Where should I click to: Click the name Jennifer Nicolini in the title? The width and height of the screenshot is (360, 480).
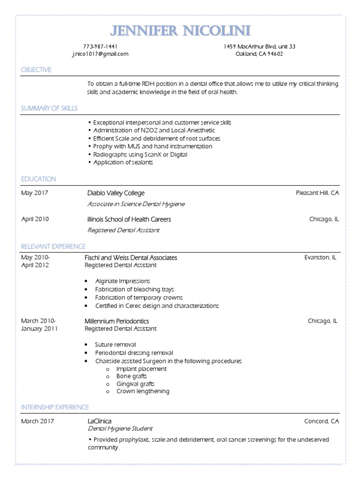click(180, 31)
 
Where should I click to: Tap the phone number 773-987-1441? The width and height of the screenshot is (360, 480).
click(100, 46)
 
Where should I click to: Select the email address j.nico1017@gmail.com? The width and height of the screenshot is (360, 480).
click(100, 54)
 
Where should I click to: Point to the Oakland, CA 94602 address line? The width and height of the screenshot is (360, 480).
click(259, 54)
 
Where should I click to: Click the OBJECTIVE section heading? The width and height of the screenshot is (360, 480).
click(36, 70)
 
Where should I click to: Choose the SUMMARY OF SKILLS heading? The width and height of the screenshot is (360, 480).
click(49, 108)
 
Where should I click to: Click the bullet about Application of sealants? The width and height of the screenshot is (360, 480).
click(123, 162)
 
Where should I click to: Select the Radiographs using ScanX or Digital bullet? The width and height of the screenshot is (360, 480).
click(140, 154)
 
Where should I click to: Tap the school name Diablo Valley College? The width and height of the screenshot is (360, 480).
click(116, 193)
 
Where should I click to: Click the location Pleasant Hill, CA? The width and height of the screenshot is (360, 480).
click(317, 193)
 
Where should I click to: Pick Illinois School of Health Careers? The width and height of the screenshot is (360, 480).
click(129, 219)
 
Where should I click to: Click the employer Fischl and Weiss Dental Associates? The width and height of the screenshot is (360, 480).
click(131, 258)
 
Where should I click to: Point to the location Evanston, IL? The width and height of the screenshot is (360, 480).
click(320, 257)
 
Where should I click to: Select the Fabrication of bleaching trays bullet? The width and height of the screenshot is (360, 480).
click(134, 289)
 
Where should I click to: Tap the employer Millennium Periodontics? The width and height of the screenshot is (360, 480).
click(117, 321)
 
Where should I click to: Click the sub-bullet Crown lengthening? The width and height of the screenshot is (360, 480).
click(143, 391)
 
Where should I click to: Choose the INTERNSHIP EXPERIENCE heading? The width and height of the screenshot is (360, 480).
click(55, 407)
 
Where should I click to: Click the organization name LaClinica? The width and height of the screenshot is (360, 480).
click(99, 421)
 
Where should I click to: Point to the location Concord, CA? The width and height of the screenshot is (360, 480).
click(321, 421)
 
